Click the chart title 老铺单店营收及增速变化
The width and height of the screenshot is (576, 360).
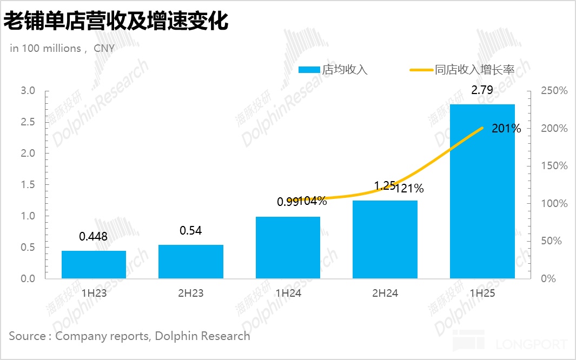click(x=116, y=22)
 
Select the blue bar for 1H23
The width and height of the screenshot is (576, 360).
click(x=94, y=264)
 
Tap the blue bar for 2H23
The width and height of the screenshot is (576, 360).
click(x=190, y=262)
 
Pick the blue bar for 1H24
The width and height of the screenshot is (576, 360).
click(x=288, y=248)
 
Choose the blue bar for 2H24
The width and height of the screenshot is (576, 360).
click(x=385, y=239)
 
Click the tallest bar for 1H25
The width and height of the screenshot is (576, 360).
click(x=482, y=191)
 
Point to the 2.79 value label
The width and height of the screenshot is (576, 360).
click(x=482, y=90)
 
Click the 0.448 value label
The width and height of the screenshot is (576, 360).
click(x=93, y=236)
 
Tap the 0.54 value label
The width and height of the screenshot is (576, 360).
click(x=190, y=231)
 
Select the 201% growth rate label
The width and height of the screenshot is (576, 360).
click(x=506, y=129)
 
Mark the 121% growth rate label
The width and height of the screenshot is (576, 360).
click(x=409, y=189)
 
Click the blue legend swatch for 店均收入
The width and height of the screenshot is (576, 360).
click(x=309, y=70)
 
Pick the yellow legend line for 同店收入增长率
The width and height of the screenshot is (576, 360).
click(x=421, y=70)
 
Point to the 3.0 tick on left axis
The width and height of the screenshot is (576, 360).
click(x=28, y=91)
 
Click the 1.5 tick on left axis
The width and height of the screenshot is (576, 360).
click(x=28, y=185)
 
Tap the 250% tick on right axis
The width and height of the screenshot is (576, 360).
click(x=554, y=91)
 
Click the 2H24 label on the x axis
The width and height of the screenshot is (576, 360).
click(x=385, y=294)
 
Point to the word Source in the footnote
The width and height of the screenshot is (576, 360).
click(x=28, y=336)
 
